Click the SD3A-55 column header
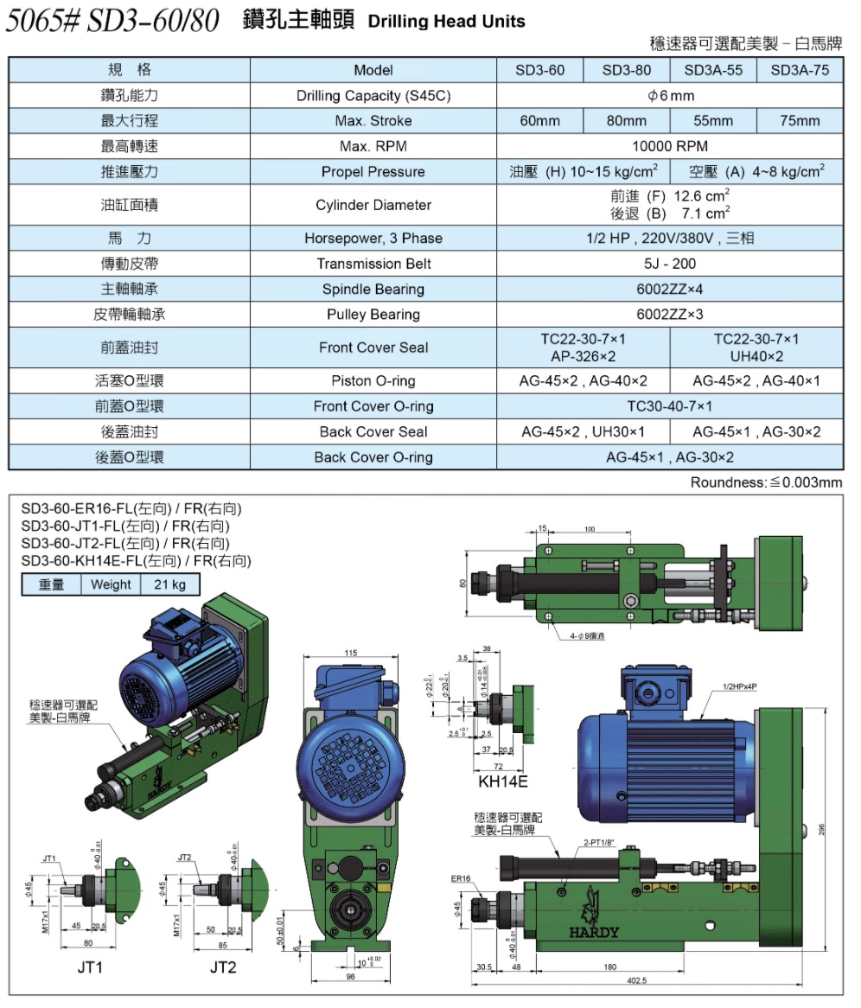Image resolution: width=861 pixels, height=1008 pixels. (713, 70)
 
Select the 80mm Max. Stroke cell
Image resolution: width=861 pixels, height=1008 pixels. (627, 121)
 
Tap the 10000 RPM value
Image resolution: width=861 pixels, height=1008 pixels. (670, 146)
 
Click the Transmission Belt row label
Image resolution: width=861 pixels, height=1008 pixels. (373, 264)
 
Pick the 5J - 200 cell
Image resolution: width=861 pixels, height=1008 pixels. (670, 264)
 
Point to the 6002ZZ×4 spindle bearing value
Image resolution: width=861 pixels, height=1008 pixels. (670, 289)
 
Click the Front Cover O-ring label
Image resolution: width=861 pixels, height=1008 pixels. (373, 406)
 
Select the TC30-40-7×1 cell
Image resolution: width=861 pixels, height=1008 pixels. (670, 406)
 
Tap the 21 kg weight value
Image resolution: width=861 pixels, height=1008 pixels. (170, 584)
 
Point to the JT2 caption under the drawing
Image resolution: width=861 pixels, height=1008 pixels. (223, 967)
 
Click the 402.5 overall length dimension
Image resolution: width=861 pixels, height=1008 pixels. (637, 980)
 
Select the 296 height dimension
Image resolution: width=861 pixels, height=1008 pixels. (822, 828)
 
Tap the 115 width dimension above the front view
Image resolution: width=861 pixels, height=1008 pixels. (350, 653)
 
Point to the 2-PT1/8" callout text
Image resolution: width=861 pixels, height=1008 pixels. (598, 841)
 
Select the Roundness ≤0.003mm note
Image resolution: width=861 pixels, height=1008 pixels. (766, 482)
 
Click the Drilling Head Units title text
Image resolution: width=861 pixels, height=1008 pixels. (446, 22)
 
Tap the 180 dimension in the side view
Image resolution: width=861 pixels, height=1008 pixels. (611, 967)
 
